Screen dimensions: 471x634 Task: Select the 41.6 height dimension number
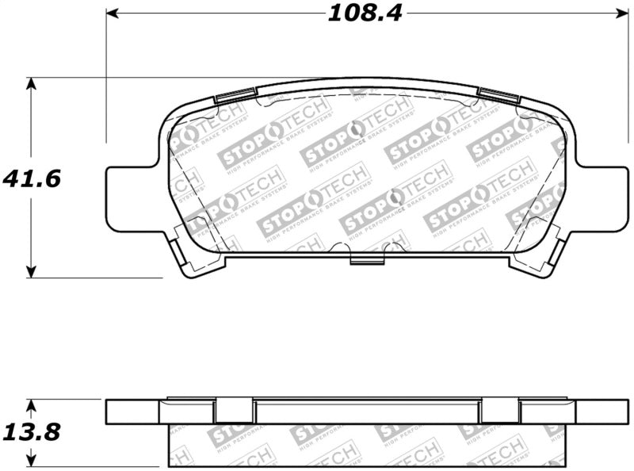[x=32, y=178]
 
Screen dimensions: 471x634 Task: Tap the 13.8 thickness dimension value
[x=32, y=433]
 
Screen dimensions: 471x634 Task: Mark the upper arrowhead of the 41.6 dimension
[x=31, y=83]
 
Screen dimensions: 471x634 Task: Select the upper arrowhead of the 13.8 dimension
[x=31, y=404]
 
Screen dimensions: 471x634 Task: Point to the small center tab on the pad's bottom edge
[x=366, y=260]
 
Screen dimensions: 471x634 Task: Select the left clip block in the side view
[x=235, y=411]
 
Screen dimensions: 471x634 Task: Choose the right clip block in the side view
[x=500, y=411]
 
